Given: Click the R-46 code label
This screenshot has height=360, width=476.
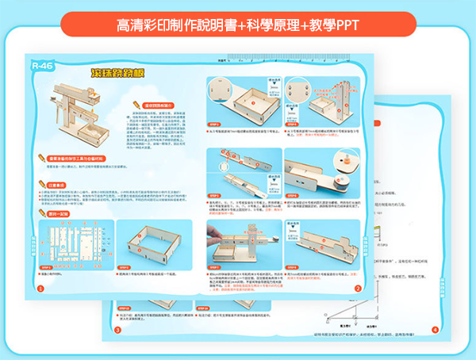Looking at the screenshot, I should tap(41, 66).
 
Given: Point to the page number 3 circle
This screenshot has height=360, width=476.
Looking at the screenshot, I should tap(117, 329).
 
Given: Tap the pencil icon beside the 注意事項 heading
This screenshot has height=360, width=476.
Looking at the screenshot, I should tap(40, 185).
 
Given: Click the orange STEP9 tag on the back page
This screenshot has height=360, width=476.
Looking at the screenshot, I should tap(124, 308).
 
